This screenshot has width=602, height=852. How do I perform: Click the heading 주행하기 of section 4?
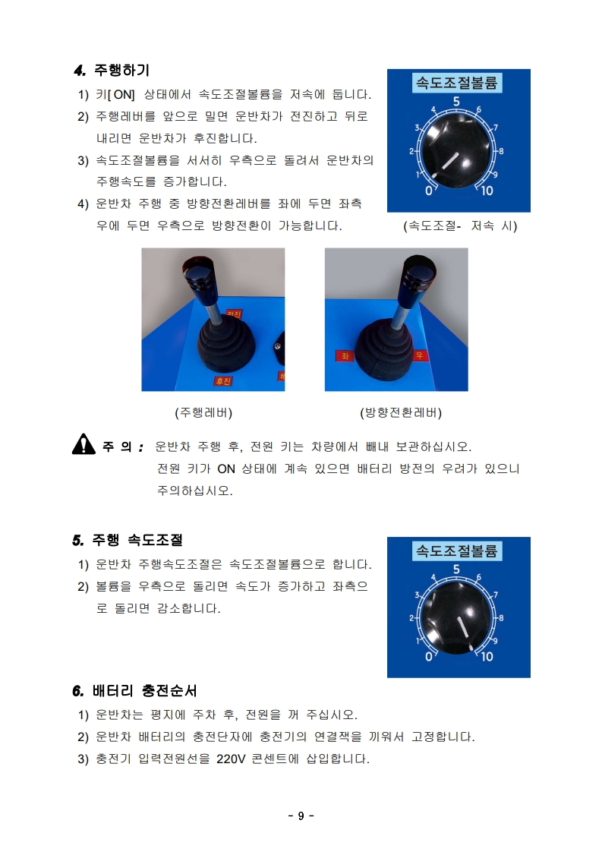(x=121, y=70)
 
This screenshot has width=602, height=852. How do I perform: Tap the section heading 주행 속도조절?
(x=137, y=540)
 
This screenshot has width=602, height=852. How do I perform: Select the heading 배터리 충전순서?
(x=144, y=690)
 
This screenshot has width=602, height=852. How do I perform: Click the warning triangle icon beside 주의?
(x=84, y=444)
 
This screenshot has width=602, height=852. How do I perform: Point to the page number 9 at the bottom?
(x=301, y=816)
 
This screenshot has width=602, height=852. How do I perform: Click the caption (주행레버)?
(x=203, y=412)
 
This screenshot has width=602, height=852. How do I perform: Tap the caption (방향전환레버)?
(x=401, y=412)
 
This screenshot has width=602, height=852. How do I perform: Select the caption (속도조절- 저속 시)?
(x=459, y=226)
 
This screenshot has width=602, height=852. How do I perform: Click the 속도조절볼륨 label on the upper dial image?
(x=456, y=83)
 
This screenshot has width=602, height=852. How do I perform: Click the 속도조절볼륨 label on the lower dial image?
(x=456, y=551)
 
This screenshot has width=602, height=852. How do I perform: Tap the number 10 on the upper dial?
(x=487, y=191)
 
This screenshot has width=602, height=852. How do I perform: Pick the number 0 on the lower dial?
(x=428, y=657)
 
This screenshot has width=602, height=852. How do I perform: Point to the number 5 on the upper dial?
(x=456, y=102)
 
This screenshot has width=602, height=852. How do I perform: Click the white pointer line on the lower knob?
(x=463, y=627)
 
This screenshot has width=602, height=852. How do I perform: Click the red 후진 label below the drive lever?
(x=222, y=381)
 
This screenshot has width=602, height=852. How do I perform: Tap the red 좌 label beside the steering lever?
(x=345, y=356)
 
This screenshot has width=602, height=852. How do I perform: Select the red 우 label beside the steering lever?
(x=419, y=355)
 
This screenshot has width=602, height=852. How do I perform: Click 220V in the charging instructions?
(x=231, y=759)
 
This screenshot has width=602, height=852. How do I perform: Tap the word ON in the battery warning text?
(x=226, y=469)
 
